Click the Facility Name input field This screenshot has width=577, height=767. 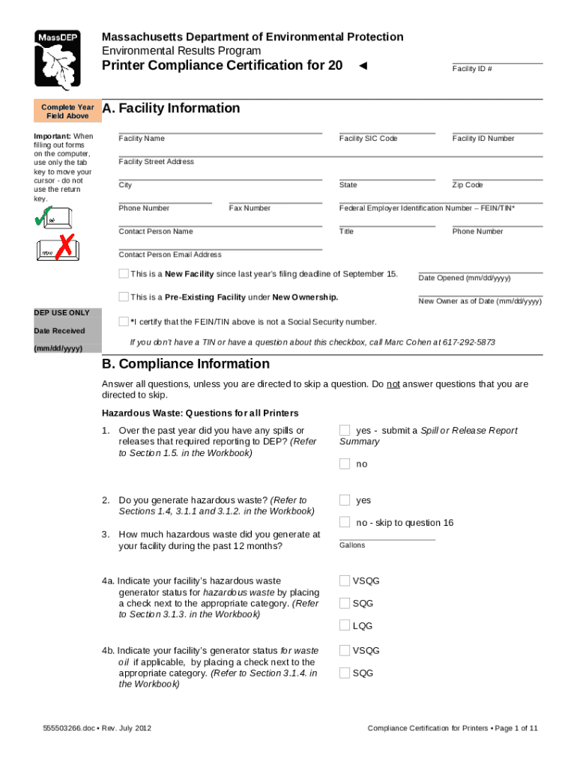coord(220,128)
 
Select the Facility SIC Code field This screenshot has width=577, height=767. coord(386,128)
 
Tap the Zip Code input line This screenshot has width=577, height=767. coord(497,175)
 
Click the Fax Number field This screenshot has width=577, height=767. coord(275,198)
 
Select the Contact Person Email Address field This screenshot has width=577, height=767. coord(220,244)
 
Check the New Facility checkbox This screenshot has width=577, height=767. coord(124,273)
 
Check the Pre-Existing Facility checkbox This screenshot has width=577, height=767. coord(124,297)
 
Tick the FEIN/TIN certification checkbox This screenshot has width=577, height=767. coord(124,321)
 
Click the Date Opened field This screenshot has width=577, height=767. coord(480,268)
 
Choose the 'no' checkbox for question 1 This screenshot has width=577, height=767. coord(345,464)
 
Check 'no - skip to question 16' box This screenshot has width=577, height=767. coord(345,522)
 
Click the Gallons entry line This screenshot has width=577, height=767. coord(387,534)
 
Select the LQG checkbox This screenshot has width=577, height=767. coord(345,625)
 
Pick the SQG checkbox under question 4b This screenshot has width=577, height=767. coord(345,673)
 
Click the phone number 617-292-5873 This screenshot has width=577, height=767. coord(468,342)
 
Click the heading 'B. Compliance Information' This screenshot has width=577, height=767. coord(186,364)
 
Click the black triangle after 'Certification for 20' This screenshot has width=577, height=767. coord(363,66)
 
